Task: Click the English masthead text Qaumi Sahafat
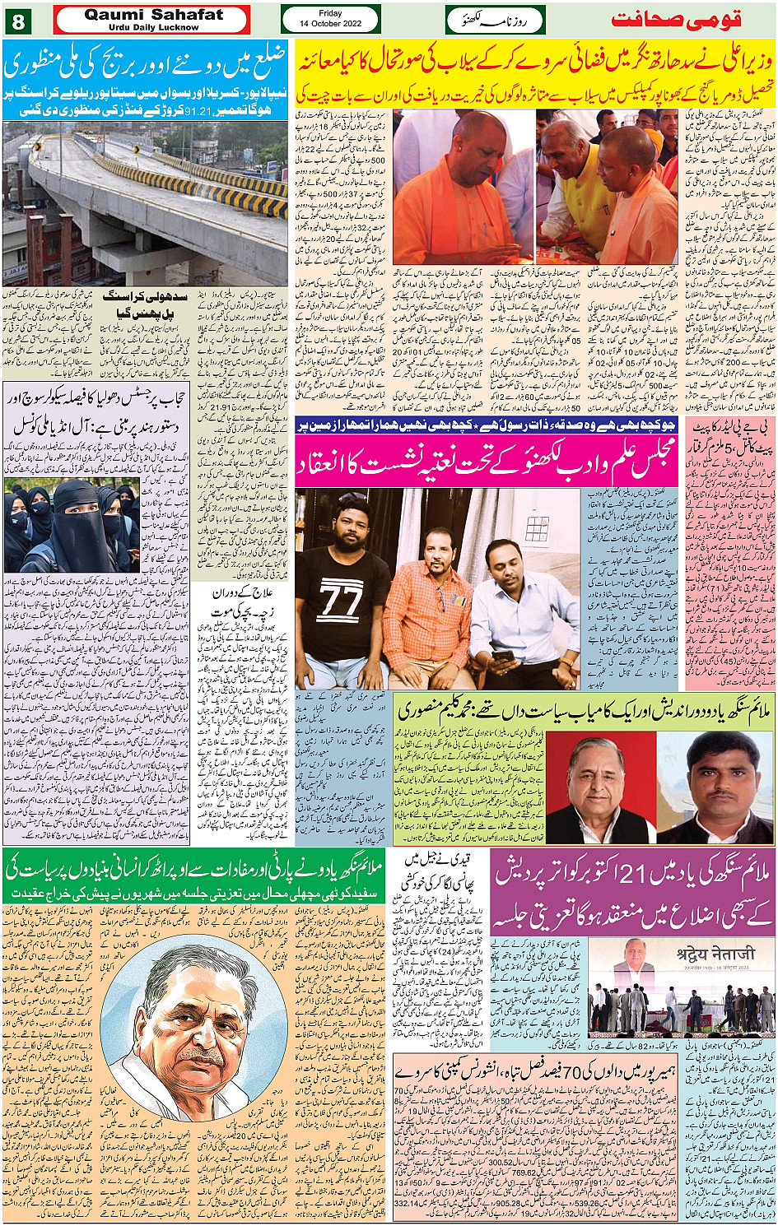pos(152,15)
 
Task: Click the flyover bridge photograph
pos(145,204)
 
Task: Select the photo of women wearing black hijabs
pos(71,527)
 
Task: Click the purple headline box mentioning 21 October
pos(633,894)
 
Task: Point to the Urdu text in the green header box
pos(495,19)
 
